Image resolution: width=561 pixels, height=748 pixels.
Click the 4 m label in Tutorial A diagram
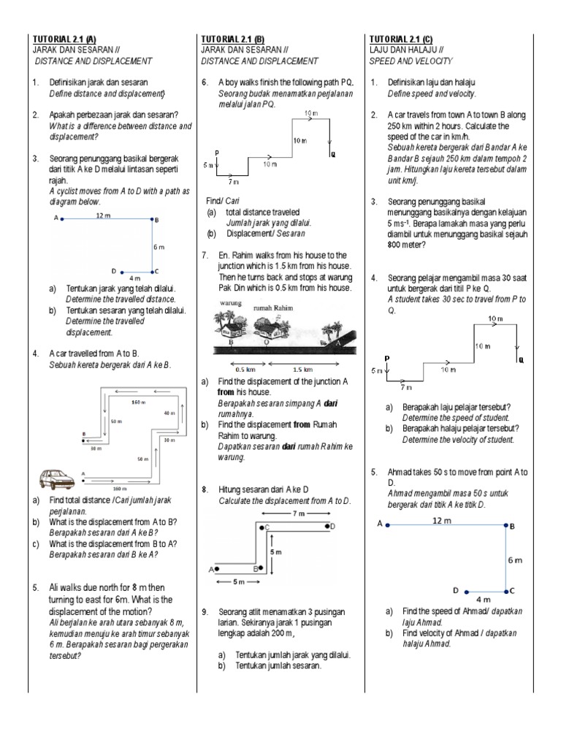134,278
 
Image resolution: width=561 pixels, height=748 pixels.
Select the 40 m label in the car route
169,413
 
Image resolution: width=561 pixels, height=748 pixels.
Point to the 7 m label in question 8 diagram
297,514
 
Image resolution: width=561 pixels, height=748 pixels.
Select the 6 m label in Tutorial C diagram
514,560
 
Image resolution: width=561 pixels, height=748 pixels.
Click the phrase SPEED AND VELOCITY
411,61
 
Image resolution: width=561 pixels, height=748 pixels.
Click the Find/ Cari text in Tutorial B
223,200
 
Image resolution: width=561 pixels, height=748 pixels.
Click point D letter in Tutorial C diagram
456,589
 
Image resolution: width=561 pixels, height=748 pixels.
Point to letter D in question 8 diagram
332,526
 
